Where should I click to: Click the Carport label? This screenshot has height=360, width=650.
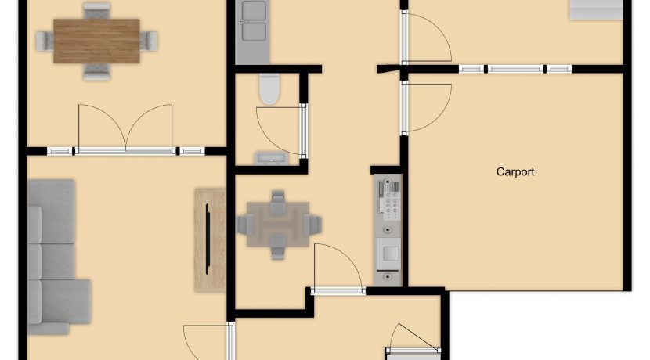click(515, 171)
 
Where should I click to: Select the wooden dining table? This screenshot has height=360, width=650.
click(96, 41)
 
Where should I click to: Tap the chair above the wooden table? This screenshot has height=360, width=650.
click(96, 10)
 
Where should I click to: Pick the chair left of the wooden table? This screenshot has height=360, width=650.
click(45, 41)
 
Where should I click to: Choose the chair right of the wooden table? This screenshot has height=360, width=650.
click(149, 41)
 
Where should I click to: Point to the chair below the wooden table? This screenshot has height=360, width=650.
click(96, 72)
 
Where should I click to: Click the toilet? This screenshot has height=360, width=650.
click(269, 88)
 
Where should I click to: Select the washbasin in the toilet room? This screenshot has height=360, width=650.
click(272, 159)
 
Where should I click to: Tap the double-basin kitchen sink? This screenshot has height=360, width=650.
click(253, 21)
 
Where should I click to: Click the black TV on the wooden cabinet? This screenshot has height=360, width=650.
click(208, 239)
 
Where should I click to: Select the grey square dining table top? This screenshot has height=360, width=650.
click(278, 225)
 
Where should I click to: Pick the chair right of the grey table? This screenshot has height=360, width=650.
click(312, 225)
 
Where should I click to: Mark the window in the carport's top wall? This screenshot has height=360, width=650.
click(515, 69)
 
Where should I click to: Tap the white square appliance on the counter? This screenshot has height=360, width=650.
click(389, 253)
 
